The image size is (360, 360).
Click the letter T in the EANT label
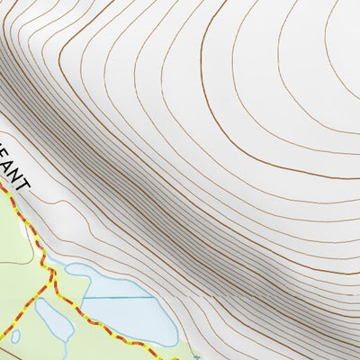tap(23, 184)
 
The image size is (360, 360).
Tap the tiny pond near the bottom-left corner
tap(15, 337)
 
